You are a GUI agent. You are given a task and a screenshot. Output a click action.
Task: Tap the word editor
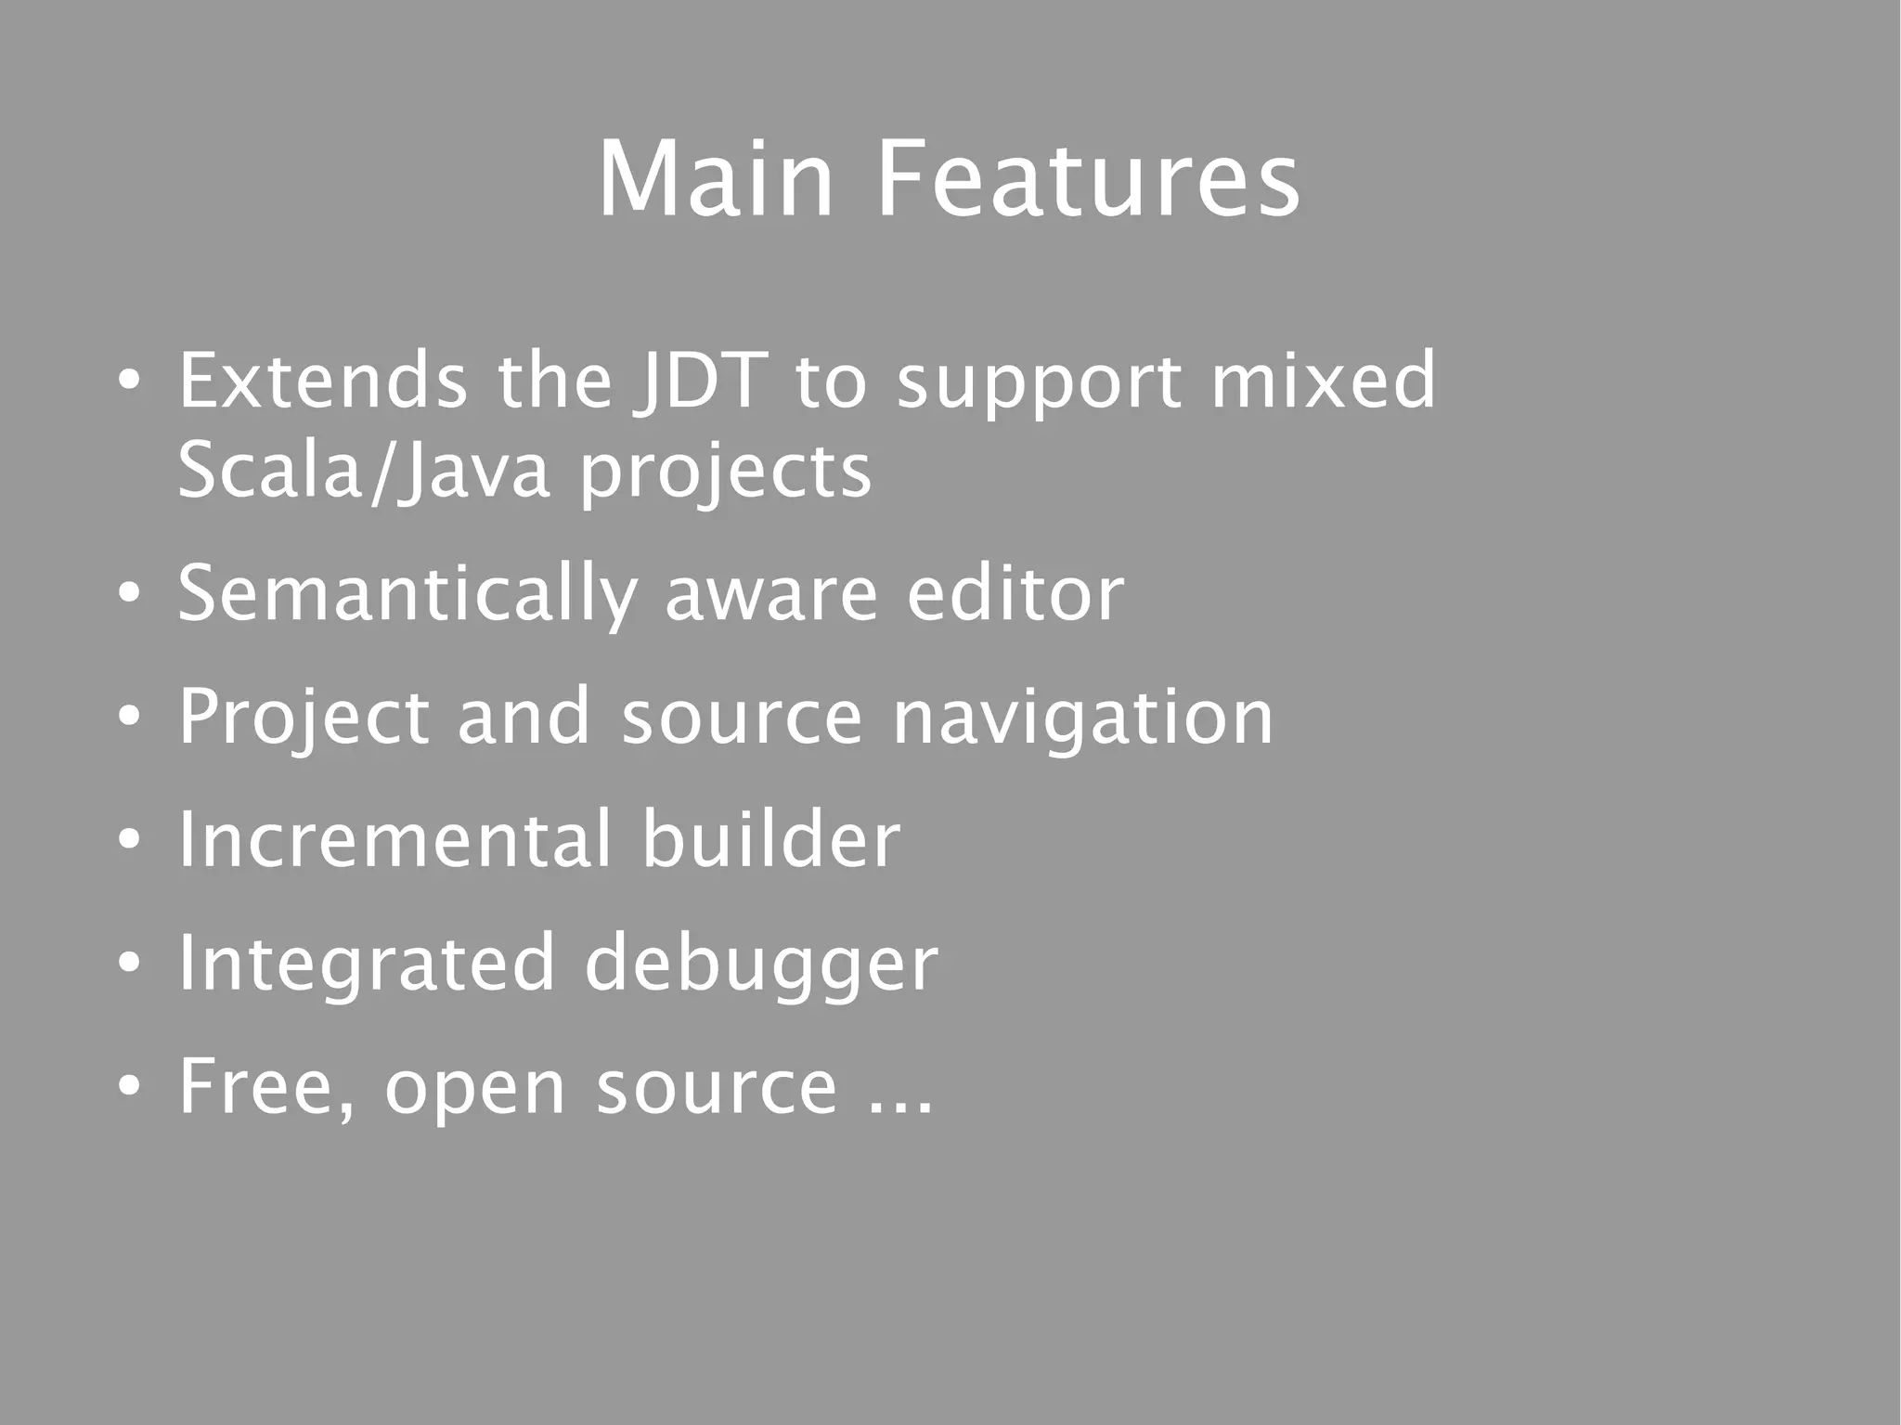tap(1015, 594)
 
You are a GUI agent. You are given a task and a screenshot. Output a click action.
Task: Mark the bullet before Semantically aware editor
tap(130, 594)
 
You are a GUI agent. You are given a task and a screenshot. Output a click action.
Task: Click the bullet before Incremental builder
tap(130, 840)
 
